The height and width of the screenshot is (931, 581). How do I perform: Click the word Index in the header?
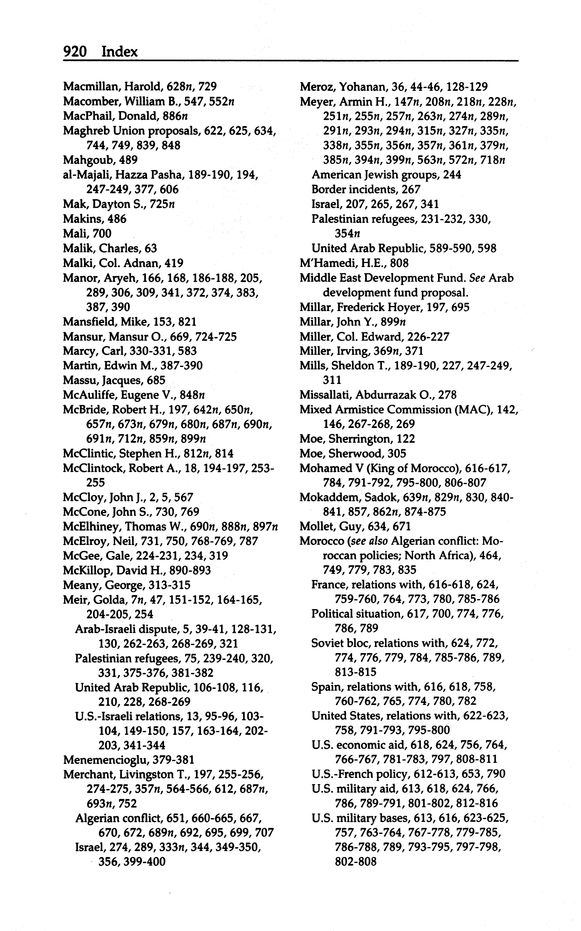pos(119,51)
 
